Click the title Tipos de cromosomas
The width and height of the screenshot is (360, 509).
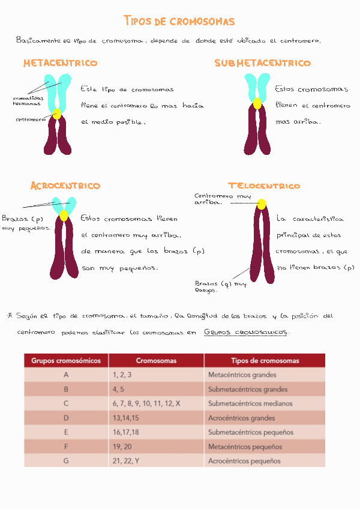pyautogui.click(x=179, y=22)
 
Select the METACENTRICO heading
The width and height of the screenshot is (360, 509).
pyautogui.click(x=60, y=63)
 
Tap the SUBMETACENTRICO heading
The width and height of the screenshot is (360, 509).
pyautogui.click(x=263, y=63)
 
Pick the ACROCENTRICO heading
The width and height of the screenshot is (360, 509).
pyautogui.click(x=65, y=186)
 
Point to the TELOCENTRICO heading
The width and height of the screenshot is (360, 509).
pyautogui.click(x=264, y=186)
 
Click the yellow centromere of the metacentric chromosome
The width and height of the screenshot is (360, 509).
pyautogui.click(x=57, y=114)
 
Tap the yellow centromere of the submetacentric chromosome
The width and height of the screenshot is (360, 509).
pyautogui.click(x=257, y=103)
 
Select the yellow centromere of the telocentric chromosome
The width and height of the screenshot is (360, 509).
pyautogui.click(x=262, y=205)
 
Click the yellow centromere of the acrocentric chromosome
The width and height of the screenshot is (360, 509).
pyautogui.click(x=64, y=215)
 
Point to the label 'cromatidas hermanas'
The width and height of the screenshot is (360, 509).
pyautogui.click(x=27, y=101)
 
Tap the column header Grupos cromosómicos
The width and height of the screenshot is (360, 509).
pyautogui.click(x=66, y=361)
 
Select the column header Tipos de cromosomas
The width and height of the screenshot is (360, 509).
pyautogui.click(x=265, y=361)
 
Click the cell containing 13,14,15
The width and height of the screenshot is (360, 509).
pyautogui.click(x=125, y=418)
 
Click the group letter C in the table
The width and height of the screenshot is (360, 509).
pyautogui.click(x=66, y=403)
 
